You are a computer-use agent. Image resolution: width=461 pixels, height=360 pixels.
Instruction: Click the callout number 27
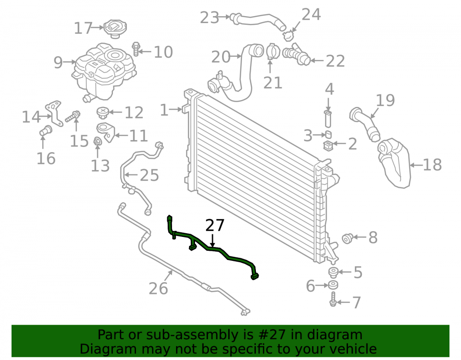click(215, 225)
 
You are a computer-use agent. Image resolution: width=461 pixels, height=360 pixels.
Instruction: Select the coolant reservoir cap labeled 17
click(115, 28)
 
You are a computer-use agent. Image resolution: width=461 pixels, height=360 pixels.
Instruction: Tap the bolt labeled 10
click(136, 49)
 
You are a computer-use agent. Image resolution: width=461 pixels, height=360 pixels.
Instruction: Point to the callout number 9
click(58, 62)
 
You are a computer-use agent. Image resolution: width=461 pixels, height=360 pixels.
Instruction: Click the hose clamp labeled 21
click(272, 52)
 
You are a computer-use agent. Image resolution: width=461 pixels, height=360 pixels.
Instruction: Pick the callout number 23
click(210, 18)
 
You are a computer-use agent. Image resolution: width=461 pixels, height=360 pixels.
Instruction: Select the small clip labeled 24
click(289, 36)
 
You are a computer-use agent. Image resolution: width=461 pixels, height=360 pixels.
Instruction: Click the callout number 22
click(335, 61)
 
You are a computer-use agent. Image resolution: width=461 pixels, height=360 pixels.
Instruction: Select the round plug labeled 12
click(103, 113)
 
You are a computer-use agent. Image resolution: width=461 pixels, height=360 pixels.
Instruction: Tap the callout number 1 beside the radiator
click(164, 110)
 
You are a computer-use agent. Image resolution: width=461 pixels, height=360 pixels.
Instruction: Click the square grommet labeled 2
click(327, 146)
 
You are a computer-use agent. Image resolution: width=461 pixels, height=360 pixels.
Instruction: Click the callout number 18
click(432, 165)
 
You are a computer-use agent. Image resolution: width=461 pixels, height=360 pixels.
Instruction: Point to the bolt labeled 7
click(333, 299)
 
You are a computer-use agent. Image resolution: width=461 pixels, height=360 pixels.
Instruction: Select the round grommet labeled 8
click(348, 238)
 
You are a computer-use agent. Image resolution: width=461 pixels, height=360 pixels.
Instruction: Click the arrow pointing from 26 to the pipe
click(168, 276)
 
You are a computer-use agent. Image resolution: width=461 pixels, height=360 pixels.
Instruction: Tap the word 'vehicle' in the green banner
click(354, 349)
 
